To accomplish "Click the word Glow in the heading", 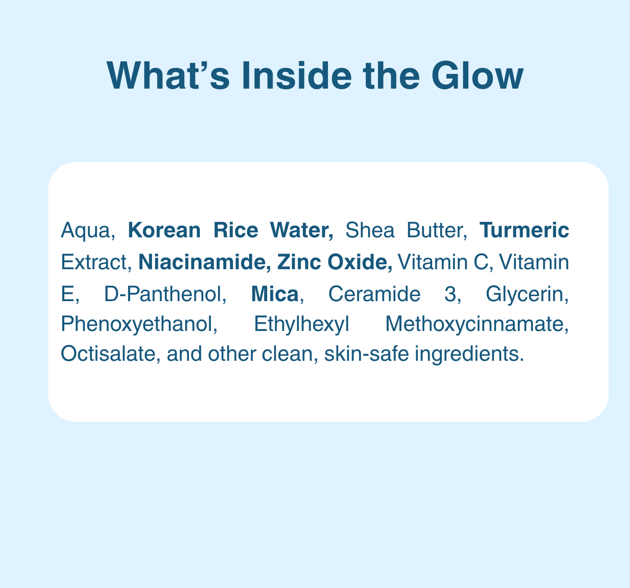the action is [477, 76].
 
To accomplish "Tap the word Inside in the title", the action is [297, 76].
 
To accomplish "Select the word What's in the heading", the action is [168, 76].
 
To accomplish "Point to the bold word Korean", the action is [164, 230].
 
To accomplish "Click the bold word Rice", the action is [236, 230].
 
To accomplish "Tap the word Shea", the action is [370, 230].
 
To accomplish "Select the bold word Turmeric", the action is [524, 230].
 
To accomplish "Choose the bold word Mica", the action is [275, 294].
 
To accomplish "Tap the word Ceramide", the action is [374, 294].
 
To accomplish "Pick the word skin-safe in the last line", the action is [366, 354].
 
